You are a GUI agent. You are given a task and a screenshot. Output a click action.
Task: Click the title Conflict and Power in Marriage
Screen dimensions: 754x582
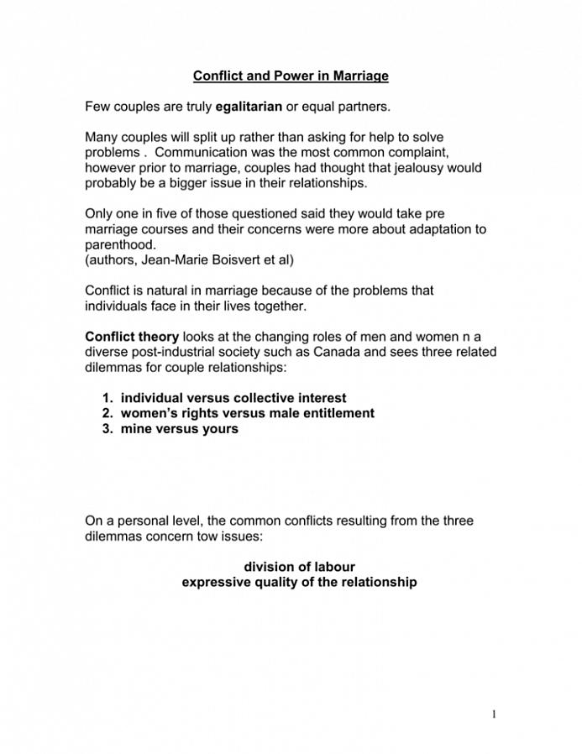point(291,76)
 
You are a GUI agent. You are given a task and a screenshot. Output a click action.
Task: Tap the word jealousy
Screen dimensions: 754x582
point(417,167)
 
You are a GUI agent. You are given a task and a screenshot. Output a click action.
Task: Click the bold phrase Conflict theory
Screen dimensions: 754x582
point(132,337)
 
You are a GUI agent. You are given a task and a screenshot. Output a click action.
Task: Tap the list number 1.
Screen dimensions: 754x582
point(107,398)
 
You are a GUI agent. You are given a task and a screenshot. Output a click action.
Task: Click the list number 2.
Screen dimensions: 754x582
point(107,413)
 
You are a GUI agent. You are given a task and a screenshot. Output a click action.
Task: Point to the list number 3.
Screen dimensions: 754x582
point(107,428)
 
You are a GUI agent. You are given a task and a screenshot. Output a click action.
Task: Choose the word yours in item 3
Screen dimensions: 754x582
point(218,428)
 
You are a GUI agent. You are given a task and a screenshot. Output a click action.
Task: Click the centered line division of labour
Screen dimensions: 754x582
point(299,567)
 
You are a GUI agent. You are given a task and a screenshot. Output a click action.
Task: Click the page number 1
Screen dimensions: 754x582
point(495,714)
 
